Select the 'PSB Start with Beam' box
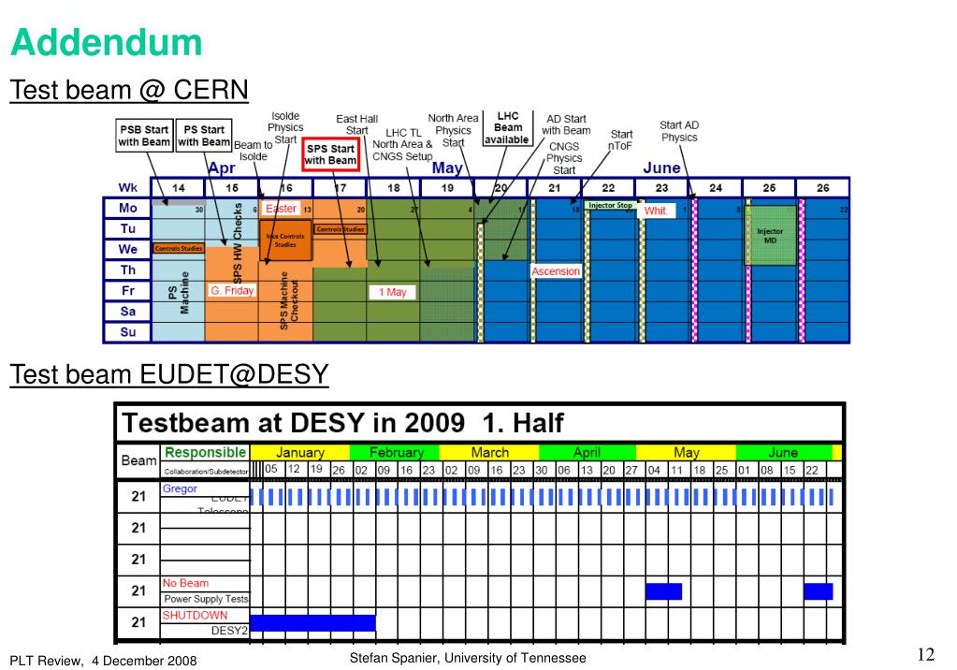(x=144, y=136)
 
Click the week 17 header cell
(x=340, y=187)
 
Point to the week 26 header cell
(x=822, y=187)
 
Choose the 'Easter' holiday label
(x=281, y=209)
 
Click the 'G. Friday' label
(x=232, y=291)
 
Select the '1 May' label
(x=393, y=292)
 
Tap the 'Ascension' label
(x=556, y=271)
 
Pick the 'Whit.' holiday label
(x=656, y=211)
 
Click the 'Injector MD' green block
(x=770, y=235)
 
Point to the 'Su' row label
(x=128, y=332)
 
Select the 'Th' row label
(x=128, y=270)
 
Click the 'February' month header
(x=397, y=452)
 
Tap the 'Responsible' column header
(x=206, y=452)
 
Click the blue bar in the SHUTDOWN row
(x=312, y=622)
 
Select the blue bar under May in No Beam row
(x=663, y=591)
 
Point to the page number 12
(x=927, y=654)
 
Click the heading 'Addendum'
(x=106, y=42)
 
